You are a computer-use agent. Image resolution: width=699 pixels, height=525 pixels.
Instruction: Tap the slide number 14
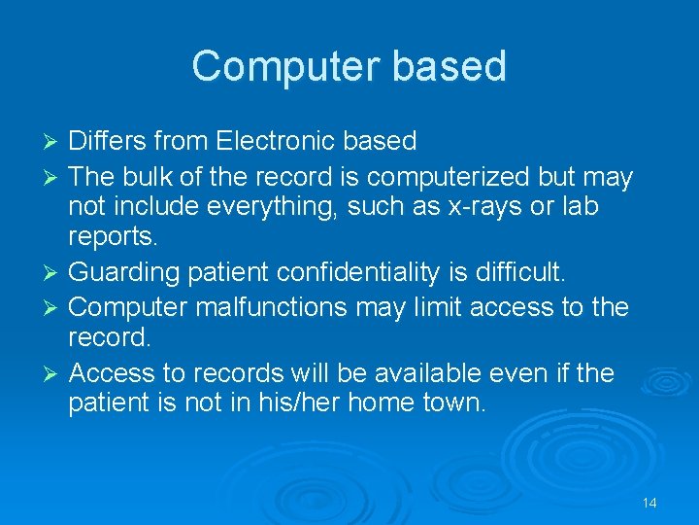pyautogui.click(x=649, y=503)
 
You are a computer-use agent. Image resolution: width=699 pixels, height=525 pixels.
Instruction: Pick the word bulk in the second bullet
pyautogui.click(x=154, y=178)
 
